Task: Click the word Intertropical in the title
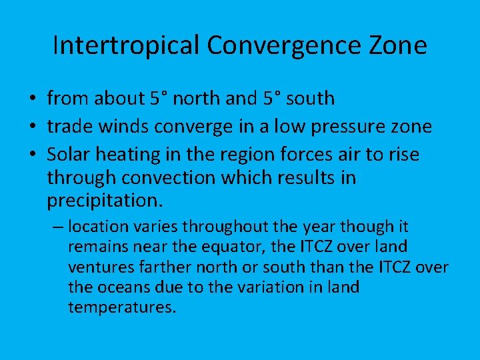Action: click(x=126, y=46)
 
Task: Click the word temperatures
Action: click(x=121, y=308)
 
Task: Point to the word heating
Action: click(x=133, y=155)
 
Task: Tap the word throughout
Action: click(x=221, y=227)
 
